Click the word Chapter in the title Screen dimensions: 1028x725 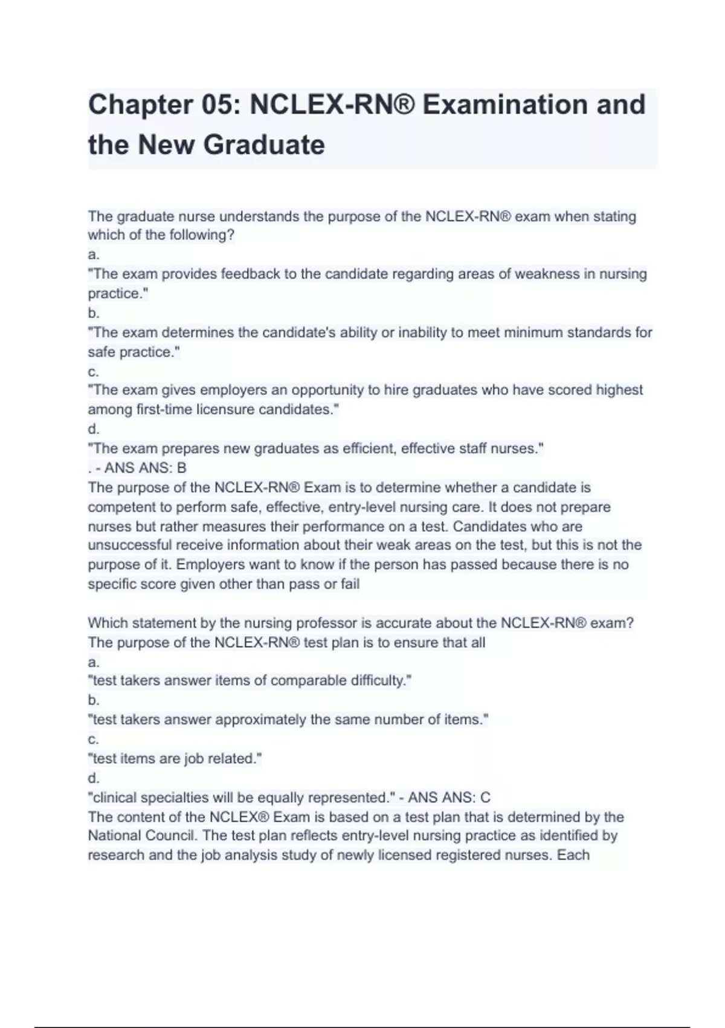click(140, 105)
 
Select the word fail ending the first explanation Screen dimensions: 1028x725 click(349, 584)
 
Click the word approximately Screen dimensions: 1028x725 click(260, 720)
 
